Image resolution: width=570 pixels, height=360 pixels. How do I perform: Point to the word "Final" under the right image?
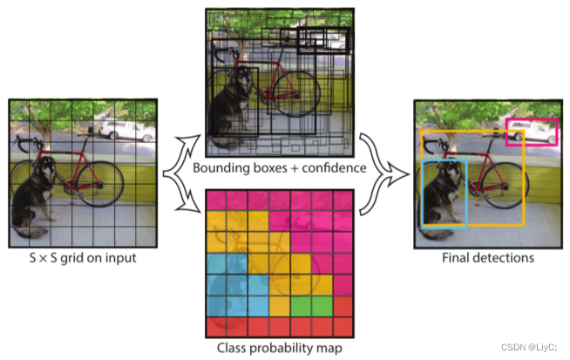click(458, 258)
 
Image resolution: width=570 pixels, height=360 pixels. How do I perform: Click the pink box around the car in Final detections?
click(531, 121)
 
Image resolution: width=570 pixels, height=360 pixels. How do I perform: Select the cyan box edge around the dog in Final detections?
click(423, 192)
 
